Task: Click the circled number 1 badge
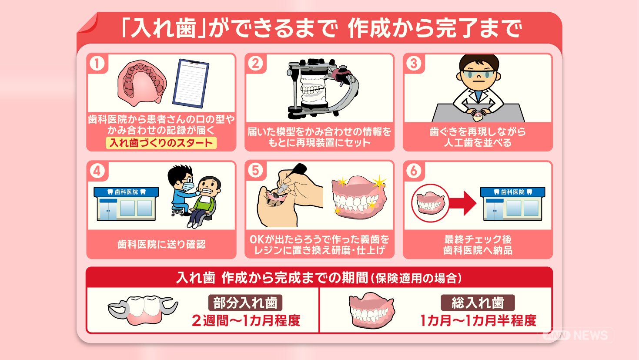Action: click(97, 64)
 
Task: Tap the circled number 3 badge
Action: click(414, 64)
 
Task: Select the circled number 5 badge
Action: click(255, 171)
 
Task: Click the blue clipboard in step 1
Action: click(191, 84)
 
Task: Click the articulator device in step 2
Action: click(322, 88)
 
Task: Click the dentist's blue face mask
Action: click(188, 186)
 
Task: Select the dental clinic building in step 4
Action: click(126, 204)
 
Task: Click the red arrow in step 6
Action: click(462, 203)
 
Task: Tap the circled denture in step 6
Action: click(430, 203)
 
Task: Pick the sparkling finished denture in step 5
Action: click(359, 198)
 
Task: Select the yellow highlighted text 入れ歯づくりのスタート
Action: click(161, 143)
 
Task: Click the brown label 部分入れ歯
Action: click(245, 303)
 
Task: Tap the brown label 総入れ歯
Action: click(478, 303)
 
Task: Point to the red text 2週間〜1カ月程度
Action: click(246, 320)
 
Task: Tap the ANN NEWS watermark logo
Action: click(575, 335)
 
